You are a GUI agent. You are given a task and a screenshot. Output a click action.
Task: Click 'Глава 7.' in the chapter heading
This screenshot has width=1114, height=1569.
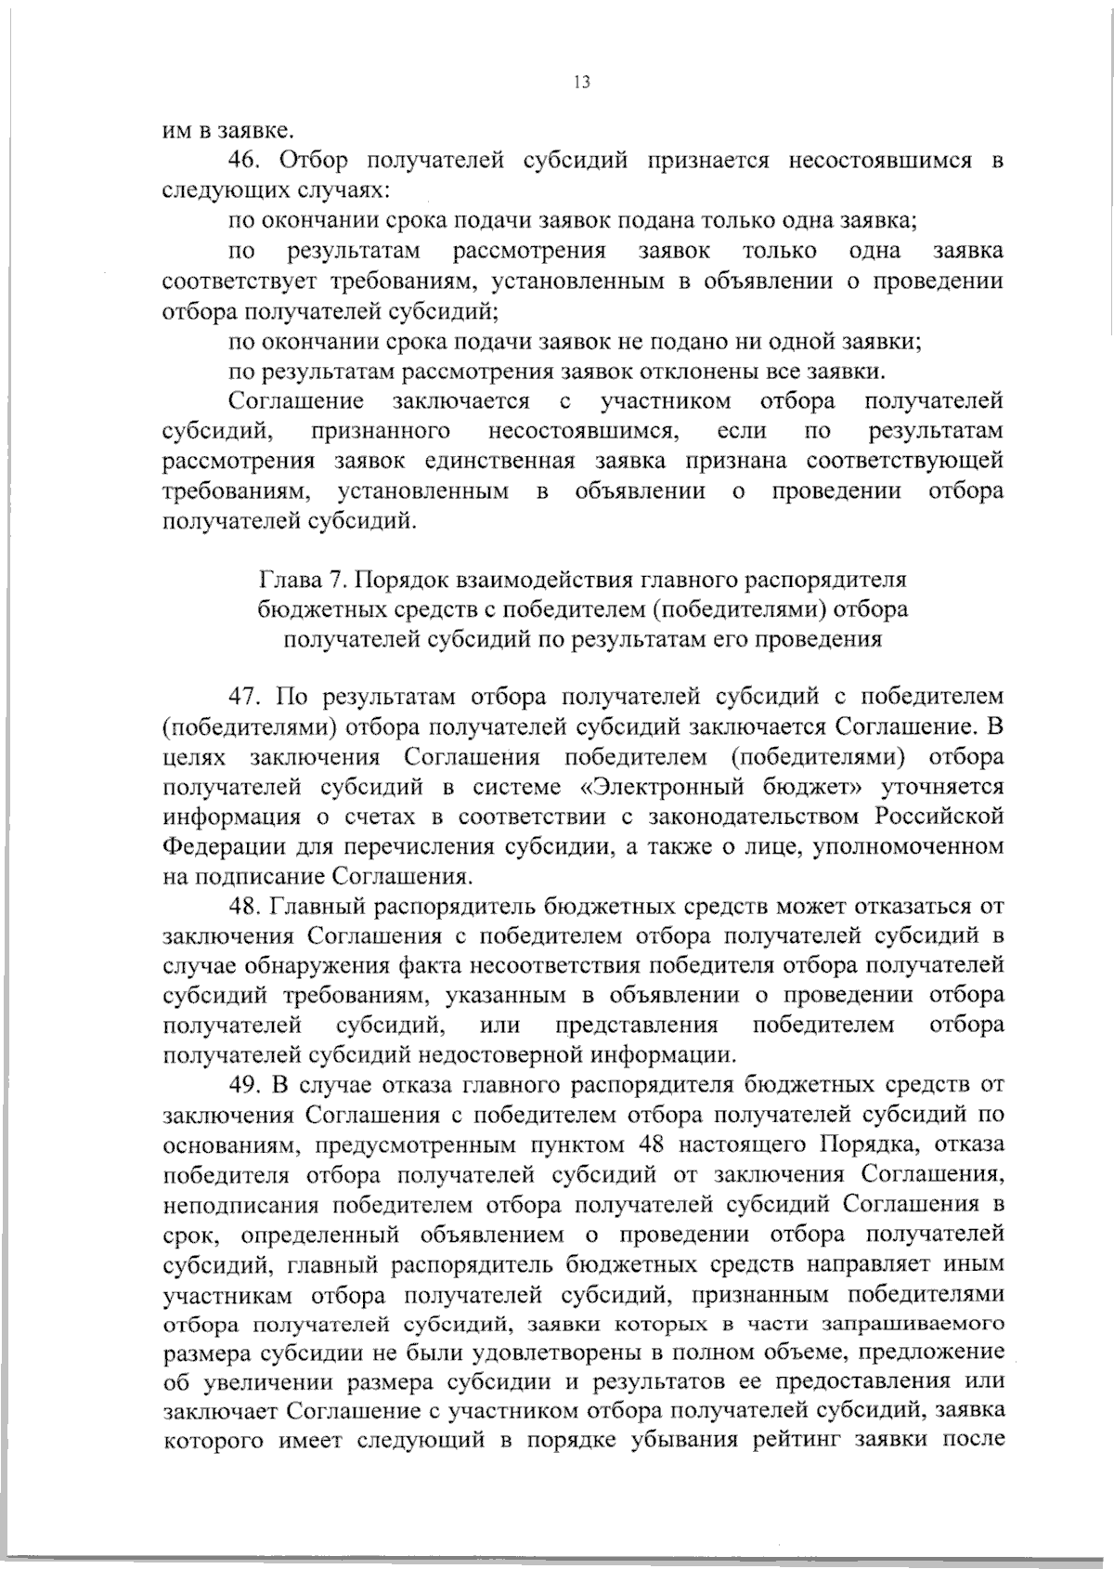click(x=292, y=581)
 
